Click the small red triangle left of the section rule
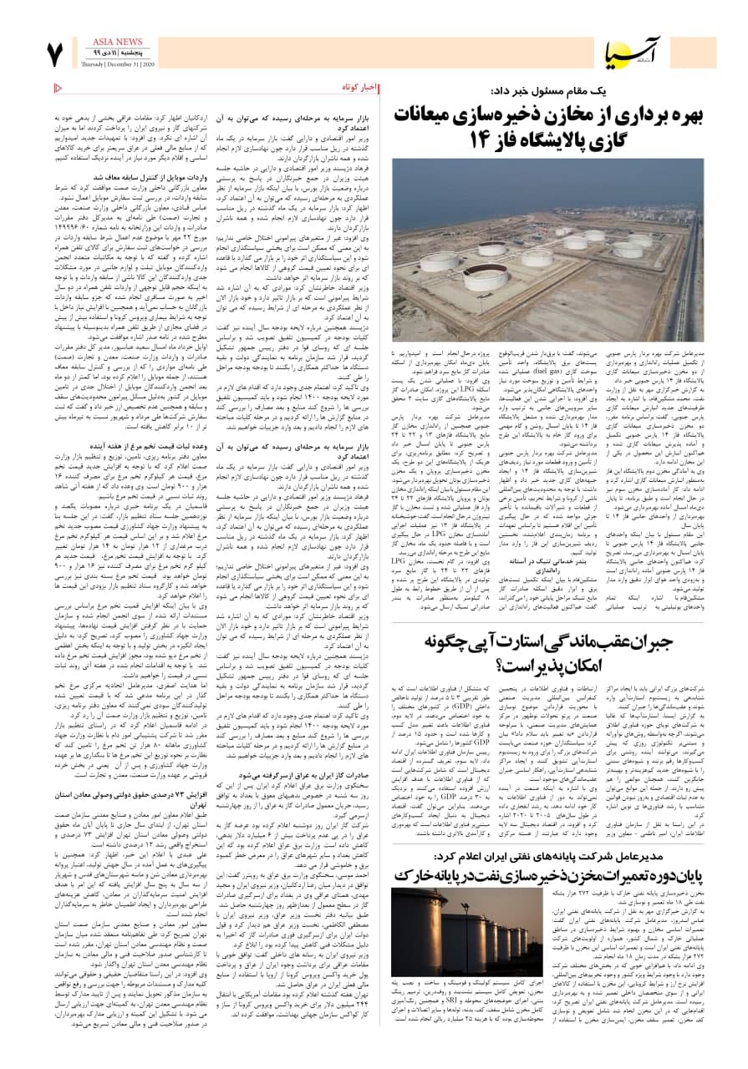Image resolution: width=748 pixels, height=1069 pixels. tap(58, 88)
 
